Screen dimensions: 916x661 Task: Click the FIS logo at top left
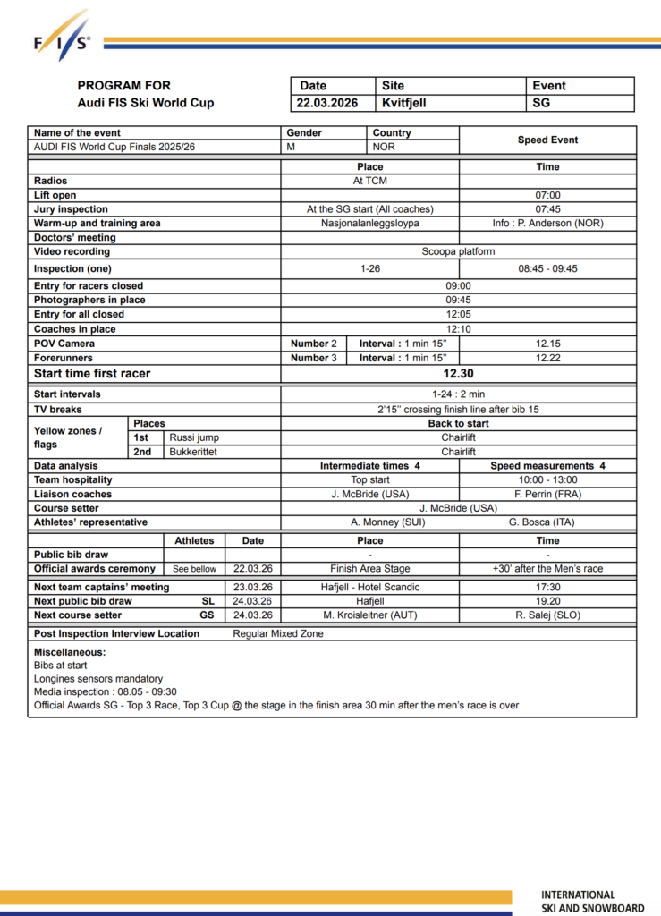(62, 37)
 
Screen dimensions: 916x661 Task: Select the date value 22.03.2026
(328, 103)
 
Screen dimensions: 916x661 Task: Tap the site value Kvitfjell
(404, 103)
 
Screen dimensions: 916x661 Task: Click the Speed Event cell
(547, 140)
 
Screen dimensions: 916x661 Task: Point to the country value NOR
(384, 147)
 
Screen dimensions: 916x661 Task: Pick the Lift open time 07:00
(547, 195)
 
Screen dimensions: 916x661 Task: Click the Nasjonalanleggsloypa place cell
(369, 224)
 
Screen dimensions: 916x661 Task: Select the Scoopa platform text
(458, 252)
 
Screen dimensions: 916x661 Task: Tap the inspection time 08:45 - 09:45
(547, 268)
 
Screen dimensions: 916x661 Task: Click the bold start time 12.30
(458, 374)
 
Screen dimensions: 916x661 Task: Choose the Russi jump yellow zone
(194, 438)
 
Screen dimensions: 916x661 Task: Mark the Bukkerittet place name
(193, 453)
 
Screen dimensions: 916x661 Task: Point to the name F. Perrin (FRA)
(547, 494)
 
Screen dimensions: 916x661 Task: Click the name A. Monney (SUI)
(369, 522)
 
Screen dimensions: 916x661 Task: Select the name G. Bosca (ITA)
(547, 522)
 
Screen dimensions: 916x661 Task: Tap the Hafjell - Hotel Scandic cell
(369, 587)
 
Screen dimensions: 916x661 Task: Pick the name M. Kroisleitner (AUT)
(369, 615)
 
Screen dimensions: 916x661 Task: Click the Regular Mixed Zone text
(278, 634)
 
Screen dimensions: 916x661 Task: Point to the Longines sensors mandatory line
(98, 679)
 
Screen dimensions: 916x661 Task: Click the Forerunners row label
(64, 358)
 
